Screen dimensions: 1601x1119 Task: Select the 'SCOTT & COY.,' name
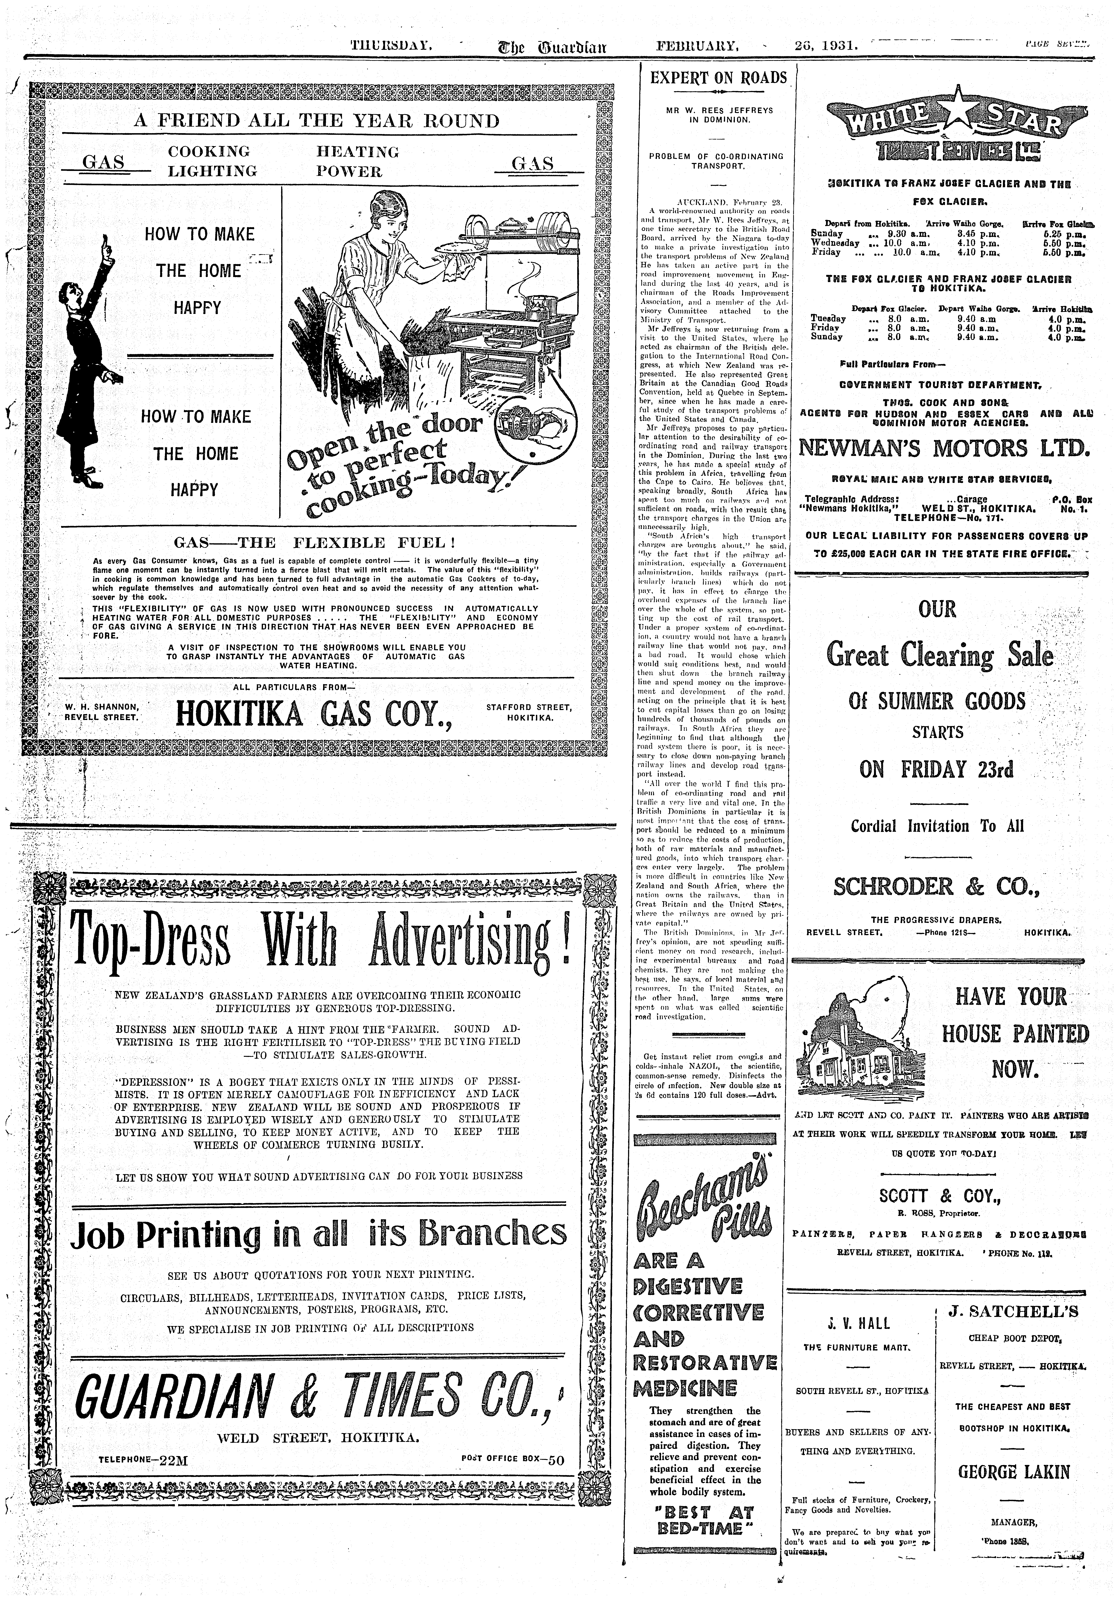point(939,1197)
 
